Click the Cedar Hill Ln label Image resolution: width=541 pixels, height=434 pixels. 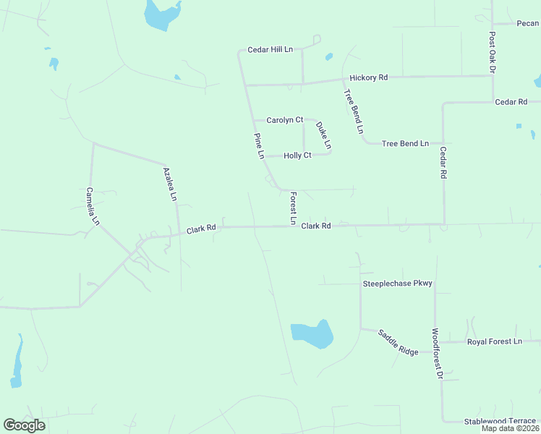coord(270,49)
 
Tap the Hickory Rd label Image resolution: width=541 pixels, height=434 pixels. coord(368,77)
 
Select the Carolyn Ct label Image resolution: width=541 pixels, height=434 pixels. coord(284,120)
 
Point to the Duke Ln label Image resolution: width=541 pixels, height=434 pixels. coord(323,135)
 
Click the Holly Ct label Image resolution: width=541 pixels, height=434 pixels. coord(297,156)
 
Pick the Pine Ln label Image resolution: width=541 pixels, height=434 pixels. coord(259,146)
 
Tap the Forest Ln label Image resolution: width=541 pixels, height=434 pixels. coord(293,207)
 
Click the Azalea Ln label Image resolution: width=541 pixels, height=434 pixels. coord(170,184)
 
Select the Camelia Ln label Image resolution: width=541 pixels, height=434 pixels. coord(92,207)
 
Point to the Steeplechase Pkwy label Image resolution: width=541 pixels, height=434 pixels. coord(396,284)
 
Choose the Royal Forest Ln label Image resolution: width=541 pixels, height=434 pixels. coord(494,341)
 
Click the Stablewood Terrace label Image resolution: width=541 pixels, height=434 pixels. coord(500,420)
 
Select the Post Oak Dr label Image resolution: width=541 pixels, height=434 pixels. coord(492,51)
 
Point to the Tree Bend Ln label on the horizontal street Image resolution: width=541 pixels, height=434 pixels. coord(405,143)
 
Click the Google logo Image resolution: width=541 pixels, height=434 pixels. coord(24,425)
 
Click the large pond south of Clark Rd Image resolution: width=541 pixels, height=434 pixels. coord(312,334)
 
